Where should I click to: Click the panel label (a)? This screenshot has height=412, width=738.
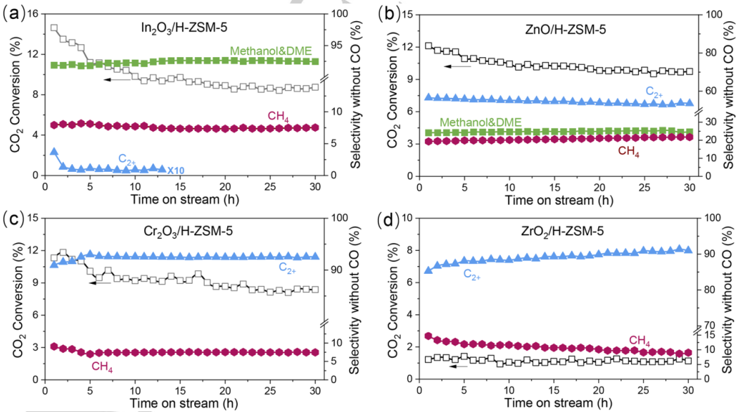point(14,12)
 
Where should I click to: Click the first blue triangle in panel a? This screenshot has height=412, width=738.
point(54,151)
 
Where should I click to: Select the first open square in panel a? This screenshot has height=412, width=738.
point(54,28)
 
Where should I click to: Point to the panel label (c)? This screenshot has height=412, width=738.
point(14,217)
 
